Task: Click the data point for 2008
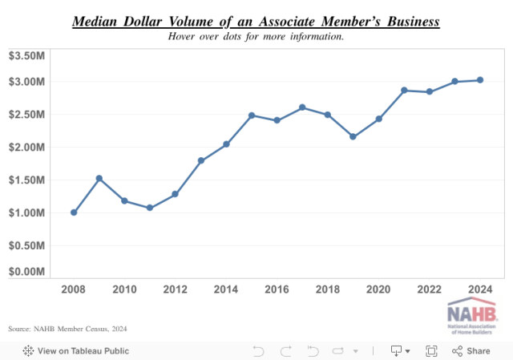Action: pyautogui.click(x=74, y=212)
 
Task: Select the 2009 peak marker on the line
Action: pyautogui.click(x=99, y=178)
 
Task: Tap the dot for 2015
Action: pyautogui.click(x=252, y=115)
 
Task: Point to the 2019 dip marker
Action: pyautogui.click(x=353, y=136)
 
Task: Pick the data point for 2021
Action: pyautogui.click(x=404, y=91)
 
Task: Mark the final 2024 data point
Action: pyautogui.click(x=480, y=80)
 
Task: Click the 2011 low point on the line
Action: pyautogui.click(x=150, y=208)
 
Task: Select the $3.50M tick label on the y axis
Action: pyautogui.click(x=26, y=55)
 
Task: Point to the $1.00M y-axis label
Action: pyautogui.click(x=26, y=212)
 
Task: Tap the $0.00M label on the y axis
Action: pyautogui.click(x=26, y=272)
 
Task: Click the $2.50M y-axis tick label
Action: pyautogui.click(x=26, y=115)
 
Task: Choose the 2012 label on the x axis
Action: pyautogui.click(x=175, y=289)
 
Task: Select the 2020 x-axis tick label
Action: pyautogui.click(x=378, y=289)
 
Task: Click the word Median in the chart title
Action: pyautogui.click(x=95, y=22)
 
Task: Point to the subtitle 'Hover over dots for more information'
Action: pyautogui.click(x=256, y=36)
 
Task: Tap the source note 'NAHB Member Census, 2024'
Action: pyautogui.click(x=67, y=329)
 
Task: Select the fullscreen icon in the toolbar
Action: pyautogui.click(x=431, y=350)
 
